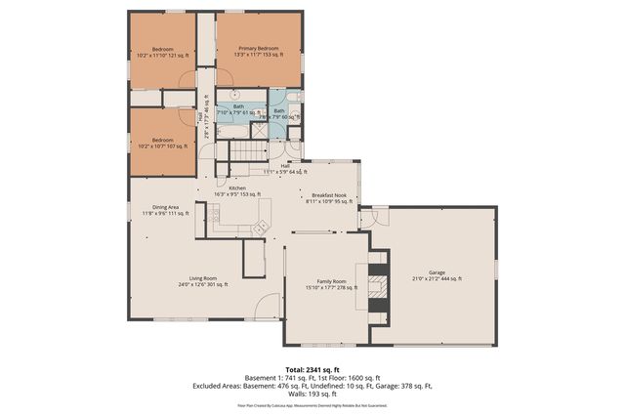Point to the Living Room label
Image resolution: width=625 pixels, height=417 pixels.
[203, 281]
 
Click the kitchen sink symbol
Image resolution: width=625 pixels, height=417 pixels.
[260, 228]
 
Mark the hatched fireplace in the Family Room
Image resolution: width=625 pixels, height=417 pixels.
[376, 283]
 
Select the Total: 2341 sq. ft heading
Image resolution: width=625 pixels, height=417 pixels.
[312, 367]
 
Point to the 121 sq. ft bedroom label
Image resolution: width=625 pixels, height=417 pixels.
[162, 52]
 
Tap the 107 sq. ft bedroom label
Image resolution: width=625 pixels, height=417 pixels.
[162, 143]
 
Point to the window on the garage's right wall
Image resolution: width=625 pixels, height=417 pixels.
[496, 267]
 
